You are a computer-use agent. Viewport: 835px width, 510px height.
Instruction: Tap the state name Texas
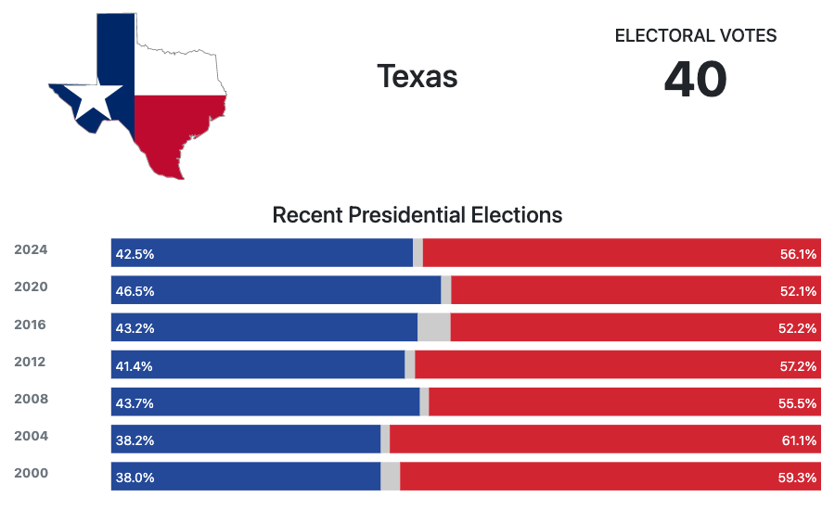pos(417,76)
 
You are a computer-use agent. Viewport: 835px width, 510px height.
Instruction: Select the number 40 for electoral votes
pos(696,81)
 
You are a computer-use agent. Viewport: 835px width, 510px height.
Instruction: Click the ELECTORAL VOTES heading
pos(696,36)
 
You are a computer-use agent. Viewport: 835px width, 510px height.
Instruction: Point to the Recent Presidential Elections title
pos(417,215)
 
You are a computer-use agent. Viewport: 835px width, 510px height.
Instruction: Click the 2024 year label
pos(31,249)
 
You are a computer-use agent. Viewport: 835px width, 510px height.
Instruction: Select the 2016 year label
pos(31,325)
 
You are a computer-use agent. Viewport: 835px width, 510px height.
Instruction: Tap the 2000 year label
pos(31,473)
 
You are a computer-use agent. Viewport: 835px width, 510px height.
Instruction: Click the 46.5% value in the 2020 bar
pos(135,291)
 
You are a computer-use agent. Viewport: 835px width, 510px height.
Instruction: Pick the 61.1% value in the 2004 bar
pos(799,440)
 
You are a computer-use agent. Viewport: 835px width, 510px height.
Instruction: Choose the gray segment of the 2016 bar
pos(433,327)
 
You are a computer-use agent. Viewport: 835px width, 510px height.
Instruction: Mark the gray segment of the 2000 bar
pos(390,477)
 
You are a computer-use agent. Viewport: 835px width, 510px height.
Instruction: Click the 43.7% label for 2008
pos(135,403)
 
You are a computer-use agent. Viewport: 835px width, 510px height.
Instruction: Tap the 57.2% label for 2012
pos(799,366)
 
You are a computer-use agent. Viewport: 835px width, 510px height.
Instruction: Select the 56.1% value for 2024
pos(799,254)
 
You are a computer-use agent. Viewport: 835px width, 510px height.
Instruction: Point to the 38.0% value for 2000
pos(135,478)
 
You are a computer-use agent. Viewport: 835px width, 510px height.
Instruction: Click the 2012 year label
pos(31,362)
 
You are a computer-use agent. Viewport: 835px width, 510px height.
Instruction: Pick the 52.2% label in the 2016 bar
pos(799,328)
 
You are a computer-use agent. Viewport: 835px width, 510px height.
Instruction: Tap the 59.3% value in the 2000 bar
pos(799,478)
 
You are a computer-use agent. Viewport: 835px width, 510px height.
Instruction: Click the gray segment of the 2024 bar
pos(417,253)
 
